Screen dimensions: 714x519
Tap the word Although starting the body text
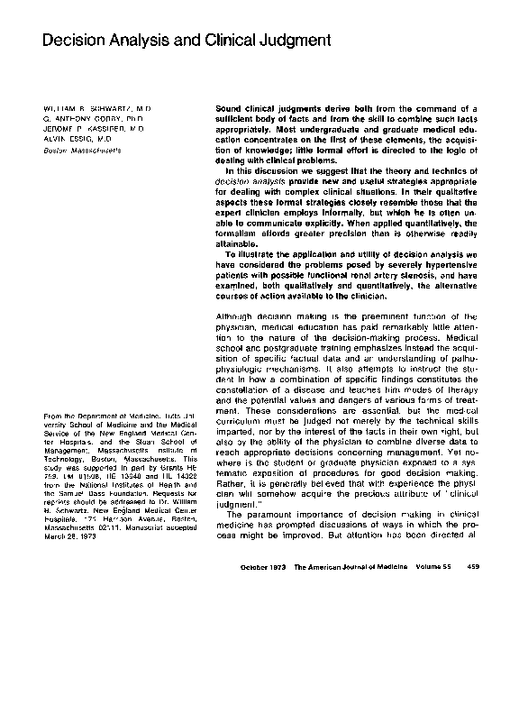pos(237,317)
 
